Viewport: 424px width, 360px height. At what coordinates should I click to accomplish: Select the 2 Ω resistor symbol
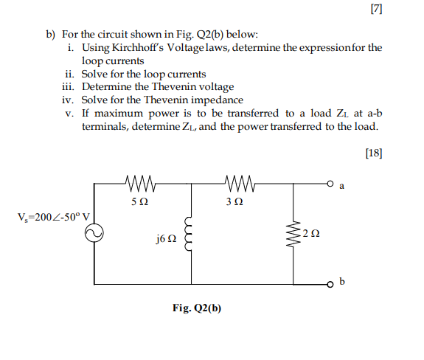pos(295,234)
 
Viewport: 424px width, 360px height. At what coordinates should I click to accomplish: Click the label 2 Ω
pos(313,234)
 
